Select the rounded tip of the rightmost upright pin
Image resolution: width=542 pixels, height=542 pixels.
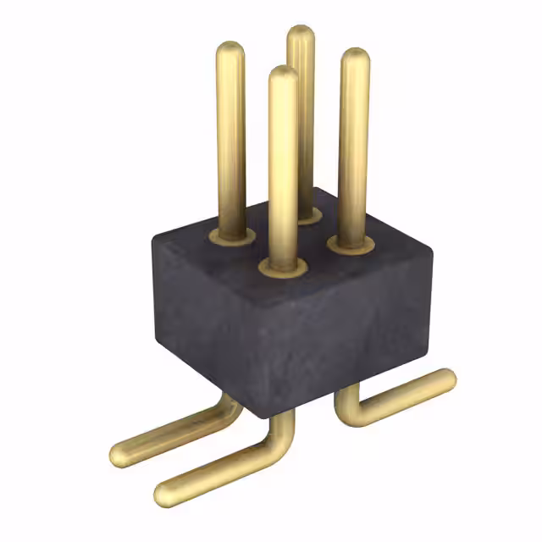[355, 57]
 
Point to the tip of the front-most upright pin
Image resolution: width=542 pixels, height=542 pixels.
[283, 75]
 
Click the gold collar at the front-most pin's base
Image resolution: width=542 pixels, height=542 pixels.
[283, 269]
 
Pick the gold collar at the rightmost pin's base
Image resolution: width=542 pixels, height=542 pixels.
[351, 246]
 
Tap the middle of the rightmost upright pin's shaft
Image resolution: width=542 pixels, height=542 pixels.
[353, 148]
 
